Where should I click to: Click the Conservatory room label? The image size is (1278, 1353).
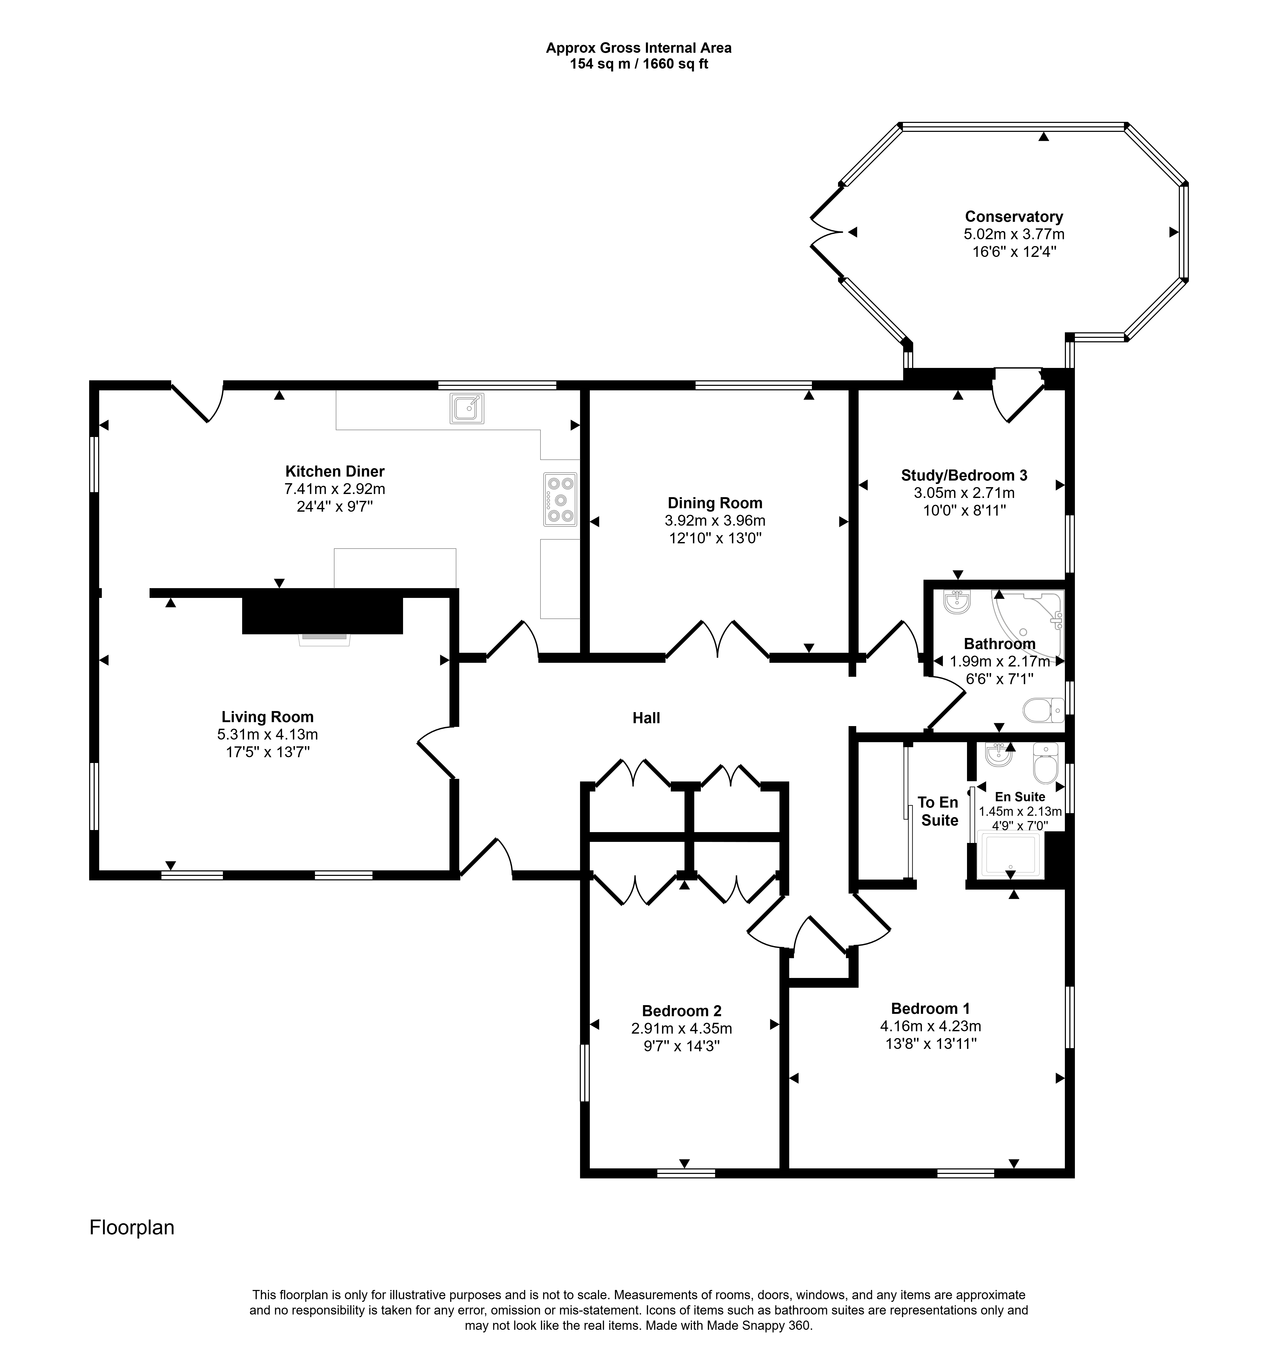coord(1014,217)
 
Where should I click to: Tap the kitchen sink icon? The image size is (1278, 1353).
coord(467,408)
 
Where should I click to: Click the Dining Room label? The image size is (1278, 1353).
coord(715,503)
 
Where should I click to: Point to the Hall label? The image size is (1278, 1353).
coord(646,717)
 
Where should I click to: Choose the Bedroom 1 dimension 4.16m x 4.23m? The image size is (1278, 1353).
coord(931,1026)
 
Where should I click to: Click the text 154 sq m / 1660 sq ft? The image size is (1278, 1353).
coord(639,65)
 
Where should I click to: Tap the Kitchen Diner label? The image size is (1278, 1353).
coord(334,471)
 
